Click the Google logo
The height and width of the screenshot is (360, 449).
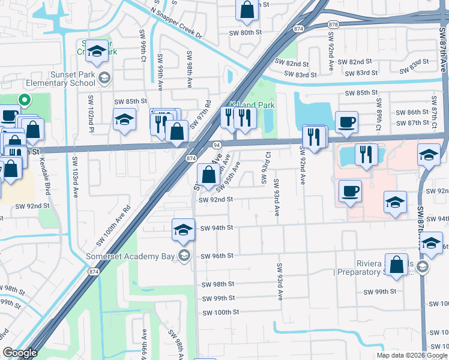(x=20, y=353)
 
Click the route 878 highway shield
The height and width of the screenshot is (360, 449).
(x=334, y=25)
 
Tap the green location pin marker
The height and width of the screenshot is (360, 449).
(x=25, y=101)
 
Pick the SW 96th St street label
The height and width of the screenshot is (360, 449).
(x=217, y=256)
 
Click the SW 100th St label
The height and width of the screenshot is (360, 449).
(x=220, y=313)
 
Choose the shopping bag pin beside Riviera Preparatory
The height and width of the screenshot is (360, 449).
(x=397, y=265)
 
